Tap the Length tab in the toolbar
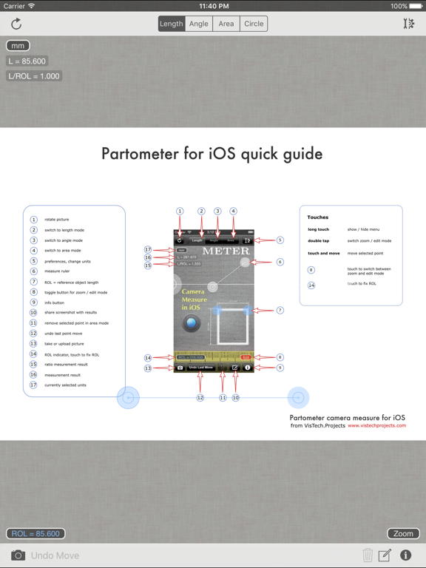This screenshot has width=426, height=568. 171,24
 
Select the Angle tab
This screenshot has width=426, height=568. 199,24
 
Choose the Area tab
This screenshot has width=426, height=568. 226,24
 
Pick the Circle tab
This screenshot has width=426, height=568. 254,24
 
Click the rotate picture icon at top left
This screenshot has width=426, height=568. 16,24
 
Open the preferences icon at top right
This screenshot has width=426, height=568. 408,24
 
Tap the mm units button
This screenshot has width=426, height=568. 18,46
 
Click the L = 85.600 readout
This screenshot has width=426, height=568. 27,61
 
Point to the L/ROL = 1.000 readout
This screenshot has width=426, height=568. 34,76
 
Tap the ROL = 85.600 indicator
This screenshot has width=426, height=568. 35,533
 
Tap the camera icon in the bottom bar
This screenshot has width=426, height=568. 18,555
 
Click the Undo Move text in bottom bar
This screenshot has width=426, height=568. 55,555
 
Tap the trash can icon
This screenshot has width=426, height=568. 368,555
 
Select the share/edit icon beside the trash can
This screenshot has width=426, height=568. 385,555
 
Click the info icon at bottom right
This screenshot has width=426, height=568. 405,555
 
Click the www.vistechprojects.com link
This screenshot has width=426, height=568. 376,426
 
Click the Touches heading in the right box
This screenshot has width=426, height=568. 318,217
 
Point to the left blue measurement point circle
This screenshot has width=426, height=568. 129,398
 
